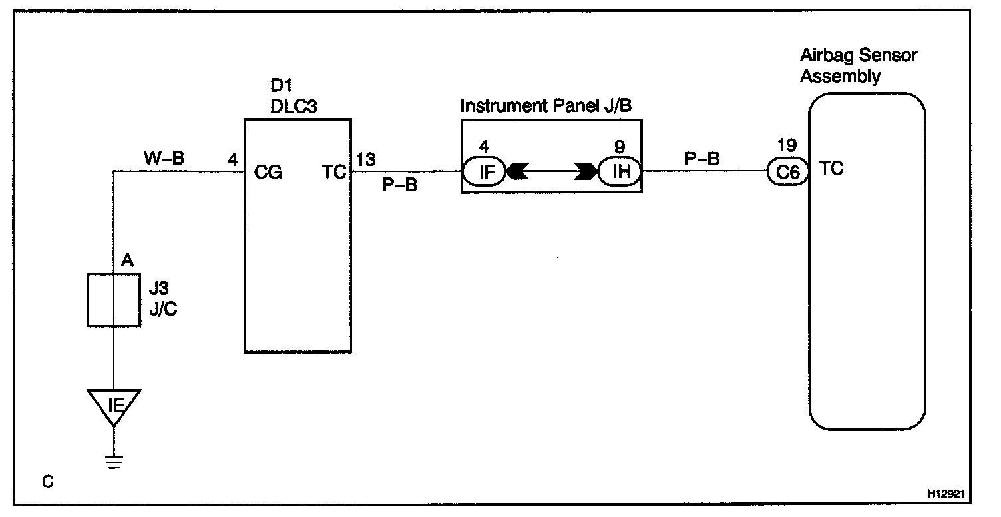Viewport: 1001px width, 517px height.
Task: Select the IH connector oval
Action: point(619,172)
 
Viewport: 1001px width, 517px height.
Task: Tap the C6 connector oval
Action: point(789,172)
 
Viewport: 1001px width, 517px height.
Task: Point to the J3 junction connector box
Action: point(114,300)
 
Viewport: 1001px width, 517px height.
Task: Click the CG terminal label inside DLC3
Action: point(268,173)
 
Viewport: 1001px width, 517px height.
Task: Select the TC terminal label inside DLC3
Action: point(335,173)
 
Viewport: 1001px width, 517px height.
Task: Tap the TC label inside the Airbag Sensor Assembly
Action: point(831,169)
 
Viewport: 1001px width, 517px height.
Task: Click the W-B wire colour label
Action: point(164,159)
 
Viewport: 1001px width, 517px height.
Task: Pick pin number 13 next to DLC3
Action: point(366,159)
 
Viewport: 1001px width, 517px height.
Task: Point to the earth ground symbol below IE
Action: point(114,461)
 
